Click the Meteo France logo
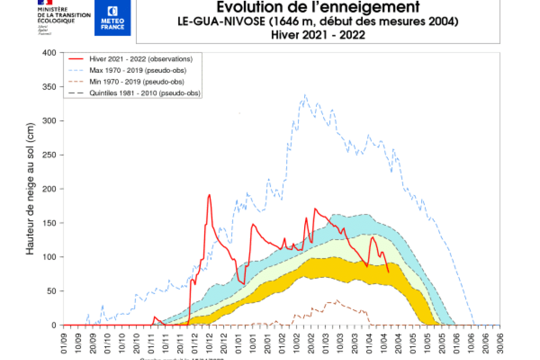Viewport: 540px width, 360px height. point(112,18)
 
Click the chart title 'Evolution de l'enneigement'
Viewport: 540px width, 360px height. point(318,7)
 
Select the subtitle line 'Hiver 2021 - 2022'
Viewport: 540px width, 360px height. point(318,35)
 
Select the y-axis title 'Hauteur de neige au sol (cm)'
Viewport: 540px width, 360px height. point(30,189)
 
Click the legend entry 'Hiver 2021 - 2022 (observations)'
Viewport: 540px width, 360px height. point(141,59)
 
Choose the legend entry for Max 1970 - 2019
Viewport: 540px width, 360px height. point(138,70)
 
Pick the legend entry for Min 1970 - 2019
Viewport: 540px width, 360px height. point(137,81)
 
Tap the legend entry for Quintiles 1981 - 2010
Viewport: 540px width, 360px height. point(145,93)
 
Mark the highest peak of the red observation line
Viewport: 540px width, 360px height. point(209,195)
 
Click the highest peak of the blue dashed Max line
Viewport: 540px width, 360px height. point(305,95)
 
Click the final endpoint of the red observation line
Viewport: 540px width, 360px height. point(389,273)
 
